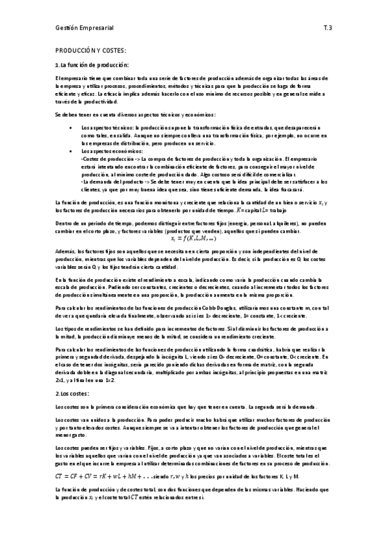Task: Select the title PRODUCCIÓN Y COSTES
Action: click(x=90, y=50)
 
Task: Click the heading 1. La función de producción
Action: click(x=92, y=65)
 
